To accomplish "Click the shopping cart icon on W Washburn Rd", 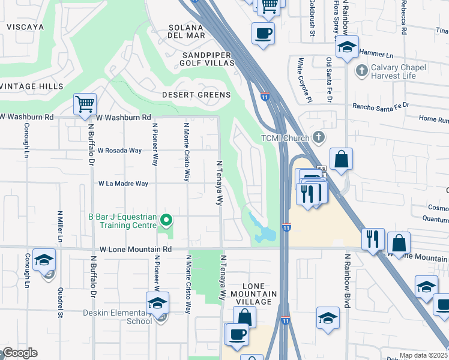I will tap(85, 104).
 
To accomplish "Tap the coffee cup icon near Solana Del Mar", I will tap(263, 33).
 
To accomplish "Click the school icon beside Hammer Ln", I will tap(346, 48).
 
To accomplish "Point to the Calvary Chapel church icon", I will tap(361, 71).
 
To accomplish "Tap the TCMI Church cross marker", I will tap(319, 138).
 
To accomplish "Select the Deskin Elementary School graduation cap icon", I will tap(157, 303).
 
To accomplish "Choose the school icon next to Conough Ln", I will tap(44, 260).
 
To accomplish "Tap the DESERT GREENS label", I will tap(196, 95).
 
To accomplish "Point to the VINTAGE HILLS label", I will tap(31, 87).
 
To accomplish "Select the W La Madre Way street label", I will tap(123, 184).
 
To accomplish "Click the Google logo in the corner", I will tap(19, 353).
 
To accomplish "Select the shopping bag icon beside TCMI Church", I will tap(340, 160).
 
